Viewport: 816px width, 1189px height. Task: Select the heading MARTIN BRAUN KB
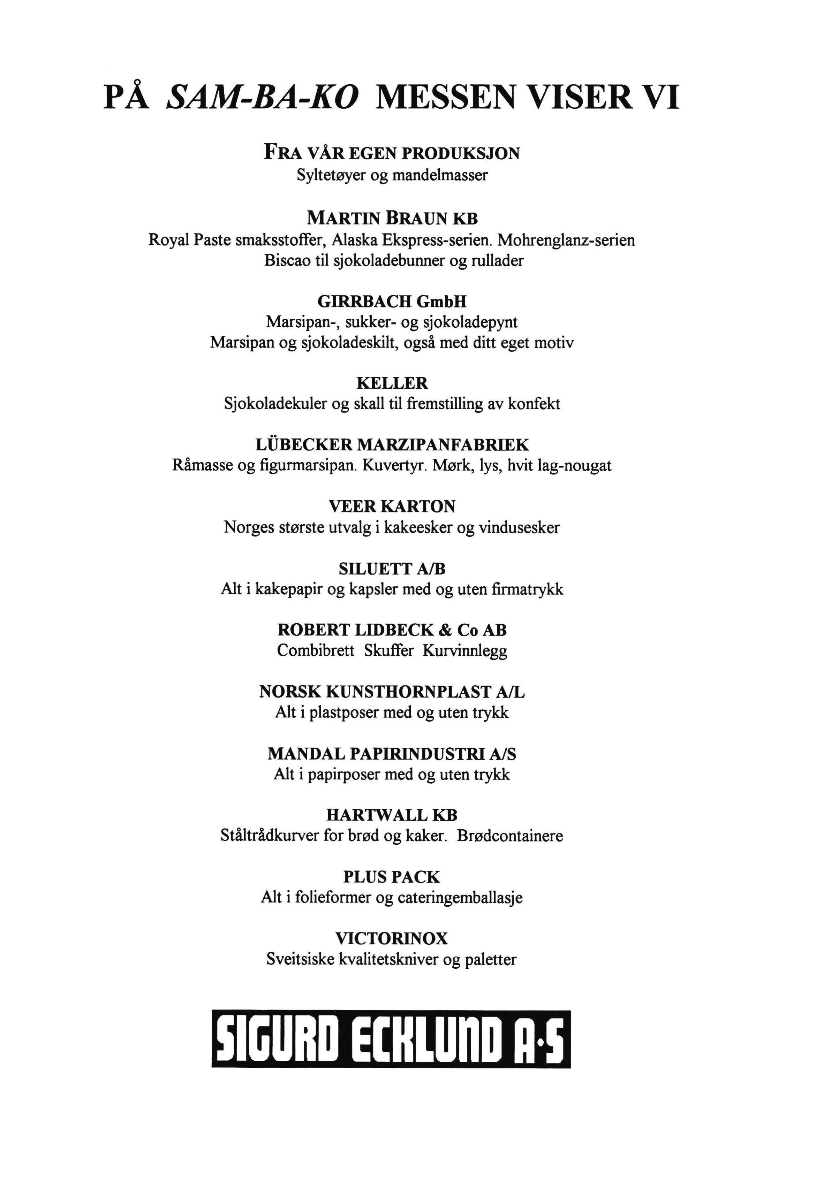[392, 219]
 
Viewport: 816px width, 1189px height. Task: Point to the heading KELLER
[392, 383]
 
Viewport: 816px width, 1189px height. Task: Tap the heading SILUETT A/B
[392, 569]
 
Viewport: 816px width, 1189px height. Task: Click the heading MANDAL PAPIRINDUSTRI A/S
[392, 754]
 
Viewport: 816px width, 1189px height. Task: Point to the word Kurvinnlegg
[465, 651]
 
